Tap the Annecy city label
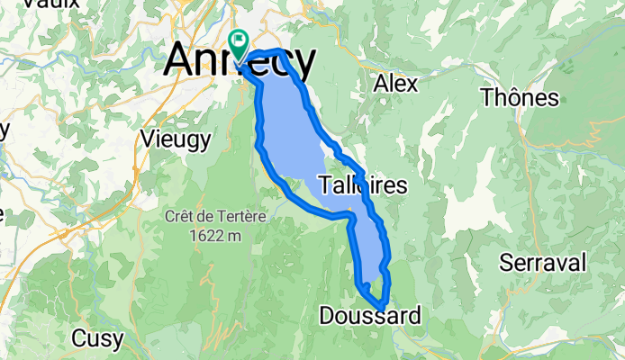pos(240,61)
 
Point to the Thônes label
pos(520,97)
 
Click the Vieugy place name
pos(177,139)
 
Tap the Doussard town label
pos(369,316)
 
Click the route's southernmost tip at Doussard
pos(384,309)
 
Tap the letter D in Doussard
pos(328,316)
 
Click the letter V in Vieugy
pos(149,139)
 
